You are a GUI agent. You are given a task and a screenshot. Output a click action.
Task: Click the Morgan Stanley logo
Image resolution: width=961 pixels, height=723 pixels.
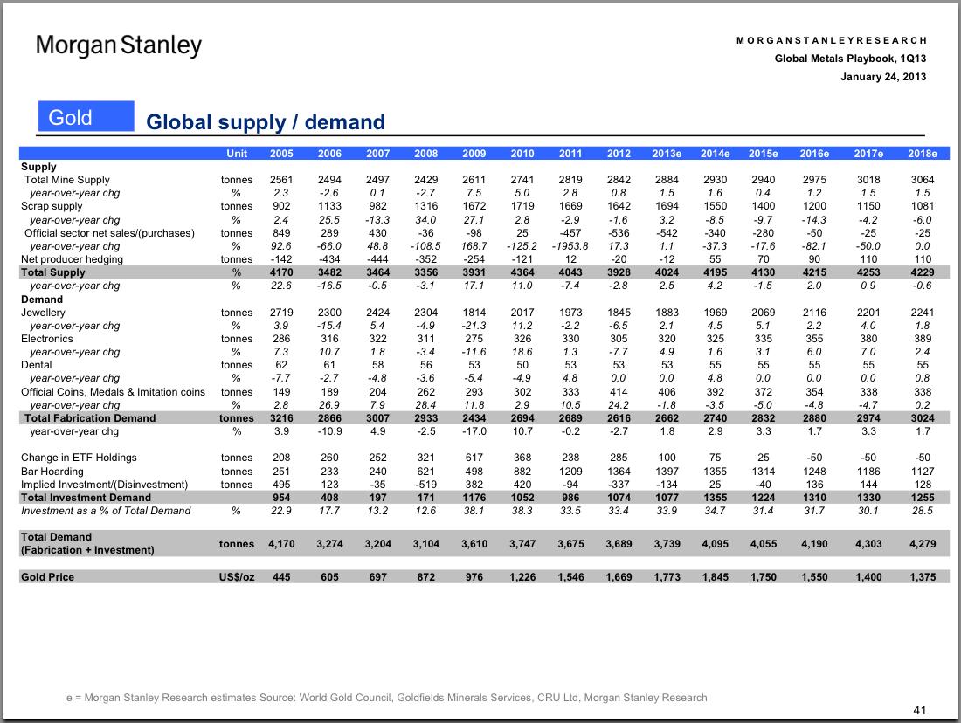tap(118, 45)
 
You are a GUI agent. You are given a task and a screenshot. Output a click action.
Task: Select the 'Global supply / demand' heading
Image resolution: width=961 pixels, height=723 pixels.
tap(266, 122)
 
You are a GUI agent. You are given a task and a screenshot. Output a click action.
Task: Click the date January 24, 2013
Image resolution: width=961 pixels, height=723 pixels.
tap(883, 77)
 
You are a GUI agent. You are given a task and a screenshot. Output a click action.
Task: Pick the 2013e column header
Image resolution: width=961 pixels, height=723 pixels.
tap(667, 153)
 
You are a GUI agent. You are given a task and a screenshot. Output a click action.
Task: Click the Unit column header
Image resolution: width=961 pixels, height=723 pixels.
tap(237, 153)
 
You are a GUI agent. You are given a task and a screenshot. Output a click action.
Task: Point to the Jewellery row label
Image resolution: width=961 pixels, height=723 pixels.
tap(43, 313)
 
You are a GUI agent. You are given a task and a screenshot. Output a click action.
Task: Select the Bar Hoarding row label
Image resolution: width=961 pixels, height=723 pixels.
tap(52, 472)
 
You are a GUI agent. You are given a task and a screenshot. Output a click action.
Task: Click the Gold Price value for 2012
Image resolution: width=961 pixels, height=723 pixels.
tap(619, 576)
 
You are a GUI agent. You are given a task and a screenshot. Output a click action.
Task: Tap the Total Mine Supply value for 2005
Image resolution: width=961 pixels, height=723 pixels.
tap(281, 180)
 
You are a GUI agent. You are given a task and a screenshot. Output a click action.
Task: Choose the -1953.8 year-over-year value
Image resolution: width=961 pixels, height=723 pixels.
tap(570, 245)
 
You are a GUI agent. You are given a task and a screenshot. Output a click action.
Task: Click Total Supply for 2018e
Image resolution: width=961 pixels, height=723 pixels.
tap(923, 272)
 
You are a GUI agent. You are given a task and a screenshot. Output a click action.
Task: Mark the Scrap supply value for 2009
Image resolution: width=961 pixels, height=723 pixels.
tap(474, 206)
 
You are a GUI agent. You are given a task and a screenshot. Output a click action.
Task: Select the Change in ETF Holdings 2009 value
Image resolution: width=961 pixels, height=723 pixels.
tap(474, 457)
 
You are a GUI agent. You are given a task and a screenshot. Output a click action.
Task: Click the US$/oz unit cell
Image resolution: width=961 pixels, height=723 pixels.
tap(237, 576)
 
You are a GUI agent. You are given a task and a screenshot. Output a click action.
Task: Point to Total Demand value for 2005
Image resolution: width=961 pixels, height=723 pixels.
tap(281, 543)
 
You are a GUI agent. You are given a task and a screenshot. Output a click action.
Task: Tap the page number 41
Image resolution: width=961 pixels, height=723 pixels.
tap(919, 710)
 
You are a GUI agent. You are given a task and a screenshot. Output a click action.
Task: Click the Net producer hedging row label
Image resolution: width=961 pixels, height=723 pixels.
tap(72, 259)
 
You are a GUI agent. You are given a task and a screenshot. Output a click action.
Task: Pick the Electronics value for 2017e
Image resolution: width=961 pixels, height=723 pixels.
tap(868, 339)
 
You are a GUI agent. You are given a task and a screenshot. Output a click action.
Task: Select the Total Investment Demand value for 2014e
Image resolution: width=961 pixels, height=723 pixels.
tap(716, 498)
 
